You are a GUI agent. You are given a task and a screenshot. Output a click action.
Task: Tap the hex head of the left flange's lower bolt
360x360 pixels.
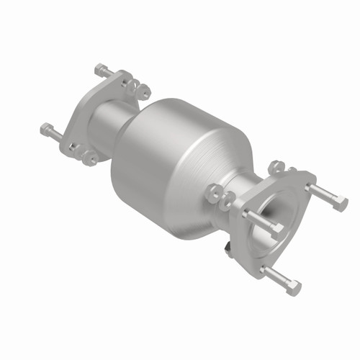[47, 130]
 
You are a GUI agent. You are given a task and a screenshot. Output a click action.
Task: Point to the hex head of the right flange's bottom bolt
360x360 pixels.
[293, 288]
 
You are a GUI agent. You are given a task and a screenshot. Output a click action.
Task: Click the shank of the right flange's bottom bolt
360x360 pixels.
[277, 277]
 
